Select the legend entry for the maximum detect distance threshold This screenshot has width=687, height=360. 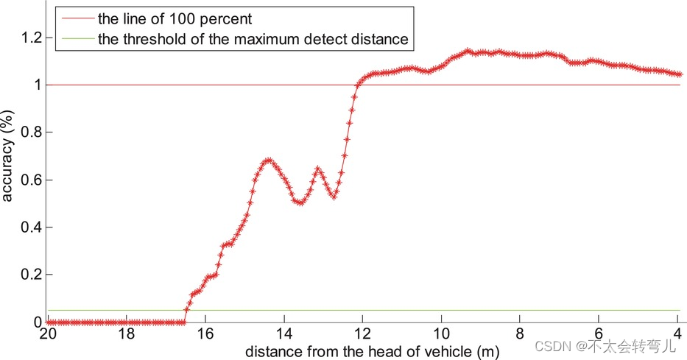(253, 39)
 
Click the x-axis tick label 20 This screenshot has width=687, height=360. (48, 334)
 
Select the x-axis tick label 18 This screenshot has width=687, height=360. (127, 334)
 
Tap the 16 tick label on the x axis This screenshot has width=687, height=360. (205, 334)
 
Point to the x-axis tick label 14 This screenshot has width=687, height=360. (284, 334)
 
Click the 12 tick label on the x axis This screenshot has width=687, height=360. (362, 334)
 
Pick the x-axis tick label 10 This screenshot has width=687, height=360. (441, 334)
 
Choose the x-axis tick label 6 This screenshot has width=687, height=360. (599, 334)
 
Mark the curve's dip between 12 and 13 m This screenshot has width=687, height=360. (334, 197)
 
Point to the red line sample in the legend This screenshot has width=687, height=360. (76, 18)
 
